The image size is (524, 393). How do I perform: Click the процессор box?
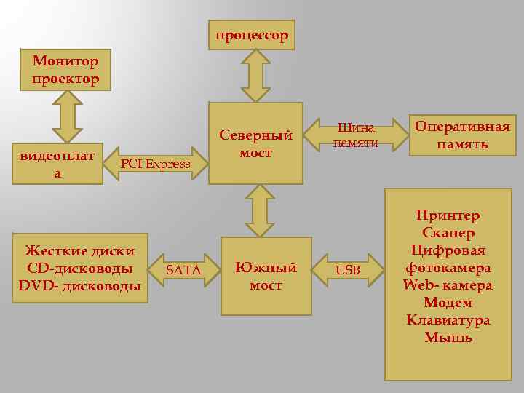251,35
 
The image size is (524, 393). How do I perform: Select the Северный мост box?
255,143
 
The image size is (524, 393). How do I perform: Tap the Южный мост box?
266,276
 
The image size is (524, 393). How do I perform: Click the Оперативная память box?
462,135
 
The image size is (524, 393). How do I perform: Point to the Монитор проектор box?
65,70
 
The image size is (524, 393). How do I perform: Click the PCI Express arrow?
155,164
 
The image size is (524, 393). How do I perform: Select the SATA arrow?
183,270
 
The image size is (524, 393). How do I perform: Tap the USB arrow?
348,270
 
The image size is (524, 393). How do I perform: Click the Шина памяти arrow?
356,135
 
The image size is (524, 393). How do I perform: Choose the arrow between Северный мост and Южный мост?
259,210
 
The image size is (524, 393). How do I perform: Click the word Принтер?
448,215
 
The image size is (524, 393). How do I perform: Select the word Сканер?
448,233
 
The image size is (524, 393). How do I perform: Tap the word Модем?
448,303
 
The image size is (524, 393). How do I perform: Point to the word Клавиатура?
448,320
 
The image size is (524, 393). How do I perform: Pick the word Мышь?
448,338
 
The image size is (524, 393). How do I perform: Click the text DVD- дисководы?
79,286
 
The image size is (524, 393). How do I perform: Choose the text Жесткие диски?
80,251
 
